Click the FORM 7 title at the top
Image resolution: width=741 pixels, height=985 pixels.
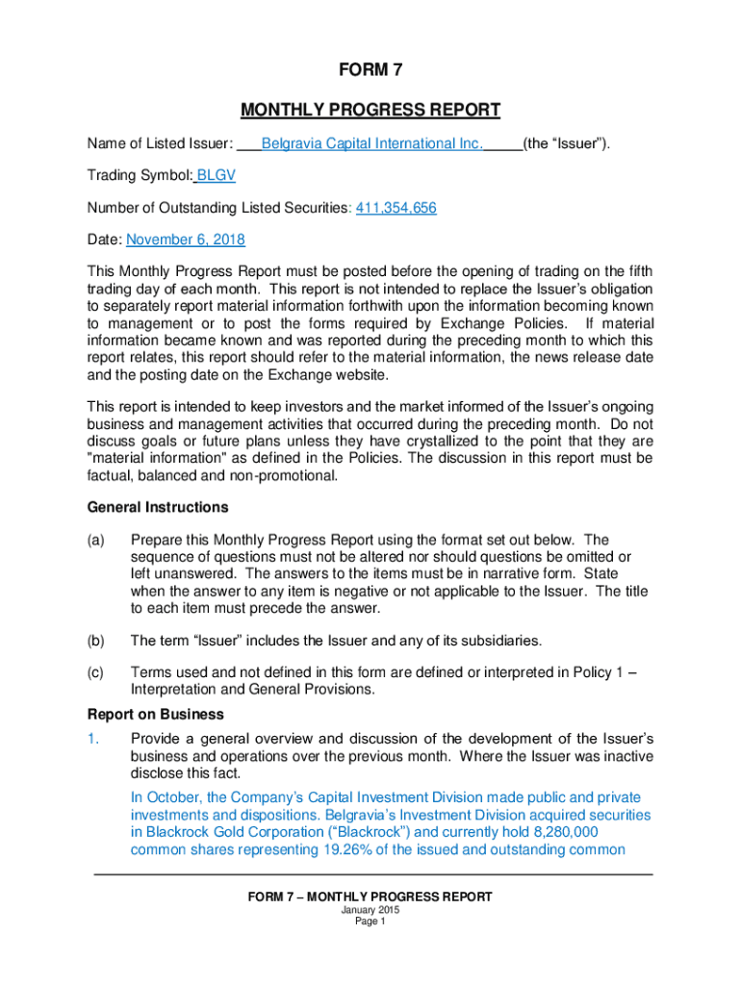pos(370,69)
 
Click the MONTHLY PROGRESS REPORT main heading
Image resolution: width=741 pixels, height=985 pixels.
pos(370,110)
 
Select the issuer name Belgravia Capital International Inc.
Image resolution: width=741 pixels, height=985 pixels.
pos(371,144)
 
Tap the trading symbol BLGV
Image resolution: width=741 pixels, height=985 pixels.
pos(217,176)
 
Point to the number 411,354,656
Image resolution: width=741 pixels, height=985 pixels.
pos(396,208)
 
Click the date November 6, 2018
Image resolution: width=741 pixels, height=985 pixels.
pos(186,240)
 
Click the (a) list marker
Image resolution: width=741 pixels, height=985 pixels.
pos(96,541)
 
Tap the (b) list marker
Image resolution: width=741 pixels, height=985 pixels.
pos(96,641)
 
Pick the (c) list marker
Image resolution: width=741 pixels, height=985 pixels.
pos(96,673)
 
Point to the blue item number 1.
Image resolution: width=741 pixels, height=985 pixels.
pos(93,739)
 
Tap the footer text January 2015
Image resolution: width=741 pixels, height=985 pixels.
pos(370,910)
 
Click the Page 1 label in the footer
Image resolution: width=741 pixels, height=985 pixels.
pos(370,922)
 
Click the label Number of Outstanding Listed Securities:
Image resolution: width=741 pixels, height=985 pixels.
pos(219,208)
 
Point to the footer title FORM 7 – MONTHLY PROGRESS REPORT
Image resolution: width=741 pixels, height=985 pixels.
pos(370,897)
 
